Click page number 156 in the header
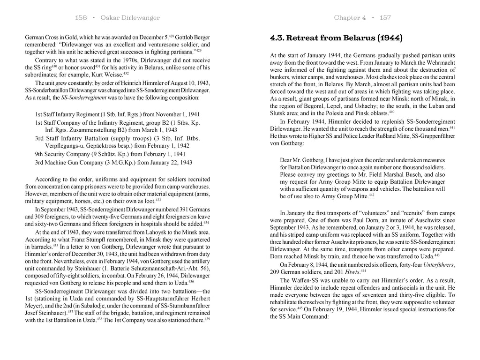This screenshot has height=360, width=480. [x=81, y=18]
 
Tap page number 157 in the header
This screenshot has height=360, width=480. [x=385, y=18]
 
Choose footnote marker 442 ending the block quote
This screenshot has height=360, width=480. [x=371, y=195]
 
